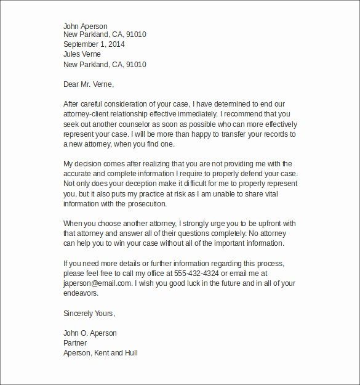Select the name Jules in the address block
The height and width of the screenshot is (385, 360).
click(74, 55)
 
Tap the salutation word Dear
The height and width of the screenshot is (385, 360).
click(73, 84)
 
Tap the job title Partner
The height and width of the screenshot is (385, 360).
click(76, 343)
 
